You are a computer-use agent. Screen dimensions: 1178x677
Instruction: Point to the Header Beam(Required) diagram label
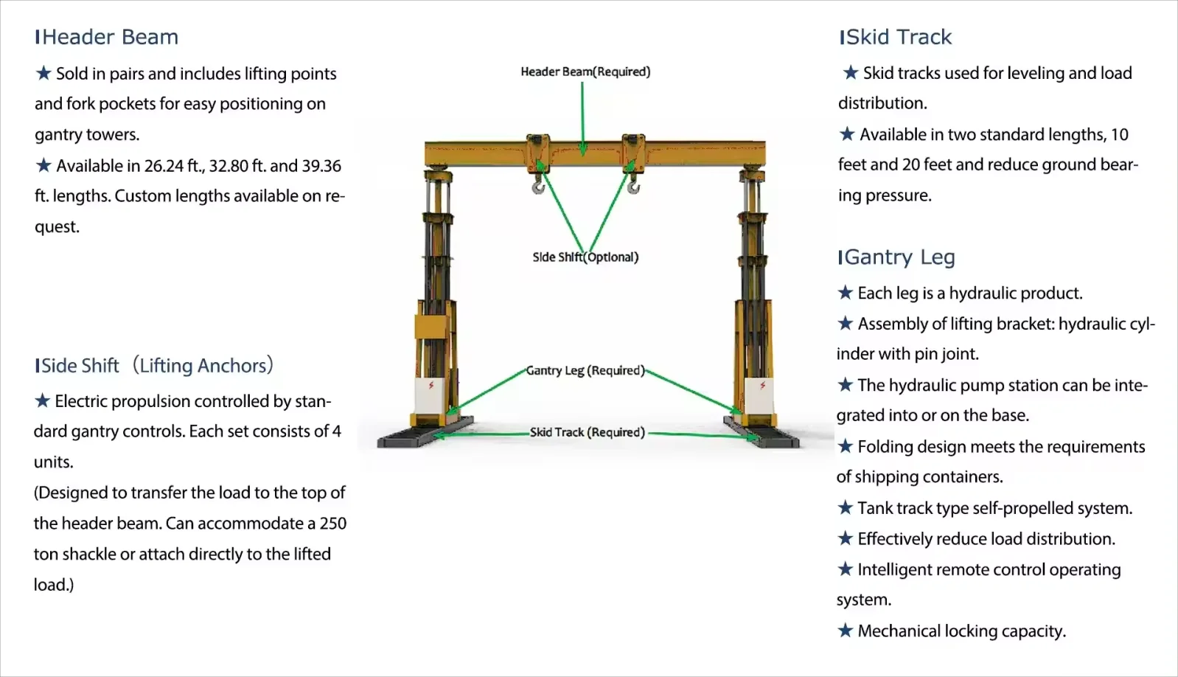(585, 72)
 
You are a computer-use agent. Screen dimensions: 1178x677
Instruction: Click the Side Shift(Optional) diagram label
(585, 257)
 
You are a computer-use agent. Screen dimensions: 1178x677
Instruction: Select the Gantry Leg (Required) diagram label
(585, 370)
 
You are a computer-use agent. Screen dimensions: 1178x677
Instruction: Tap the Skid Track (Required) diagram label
(587, 432)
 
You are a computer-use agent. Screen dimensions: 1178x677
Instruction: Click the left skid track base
(425, 435)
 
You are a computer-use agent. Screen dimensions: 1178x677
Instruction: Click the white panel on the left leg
(431, 398)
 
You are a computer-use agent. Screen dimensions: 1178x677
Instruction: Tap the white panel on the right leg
(760, 398)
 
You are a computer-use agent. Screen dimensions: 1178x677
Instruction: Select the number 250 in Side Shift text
(333, 524)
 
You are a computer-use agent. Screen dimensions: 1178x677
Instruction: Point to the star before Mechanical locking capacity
(846, 631)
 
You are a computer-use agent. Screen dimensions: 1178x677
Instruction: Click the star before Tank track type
(846, 507)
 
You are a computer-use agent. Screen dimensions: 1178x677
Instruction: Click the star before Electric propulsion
(43, 400)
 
